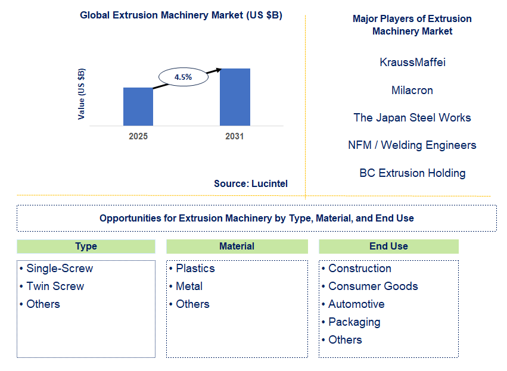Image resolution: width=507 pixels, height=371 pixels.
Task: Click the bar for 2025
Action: (138, 107)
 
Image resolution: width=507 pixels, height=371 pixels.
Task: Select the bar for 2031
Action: (235, 97)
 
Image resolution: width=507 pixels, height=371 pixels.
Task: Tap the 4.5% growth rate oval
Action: (183, 77)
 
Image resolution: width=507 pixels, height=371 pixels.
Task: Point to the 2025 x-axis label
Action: (138, 136)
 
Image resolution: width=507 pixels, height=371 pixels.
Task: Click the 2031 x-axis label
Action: (235, 136)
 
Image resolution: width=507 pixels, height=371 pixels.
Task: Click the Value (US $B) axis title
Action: (82, 94)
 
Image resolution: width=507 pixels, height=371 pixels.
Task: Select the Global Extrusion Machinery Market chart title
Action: (181, 15)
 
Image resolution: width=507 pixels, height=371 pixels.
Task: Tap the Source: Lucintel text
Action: (251, 184)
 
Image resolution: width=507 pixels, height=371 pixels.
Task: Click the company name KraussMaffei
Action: (412, 62)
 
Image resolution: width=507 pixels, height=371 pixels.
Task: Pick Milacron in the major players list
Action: (412, 90)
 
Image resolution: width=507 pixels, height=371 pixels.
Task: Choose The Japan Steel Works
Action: (412, 117)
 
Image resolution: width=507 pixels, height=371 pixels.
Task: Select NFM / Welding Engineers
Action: (412, 145)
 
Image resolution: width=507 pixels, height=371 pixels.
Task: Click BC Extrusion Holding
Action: (412, 173)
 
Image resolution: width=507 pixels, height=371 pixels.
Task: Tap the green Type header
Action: (86, 247)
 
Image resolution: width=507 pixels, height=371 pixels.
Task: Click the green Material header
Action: (237, 247)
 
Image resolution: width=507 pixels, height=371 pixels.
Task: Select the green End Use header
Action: (388, 247)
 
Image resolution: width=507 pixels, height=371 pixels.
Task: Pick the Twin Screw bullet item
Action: (55, 286)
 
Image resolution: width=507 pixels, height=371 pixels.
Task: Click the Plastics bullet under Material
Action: (195, 269)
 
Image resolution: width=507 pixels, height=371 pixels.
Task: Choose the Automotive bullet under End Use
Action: (356, 304)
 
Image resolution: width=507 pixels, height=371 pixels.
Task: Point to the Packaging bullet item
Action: (354, 322)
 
